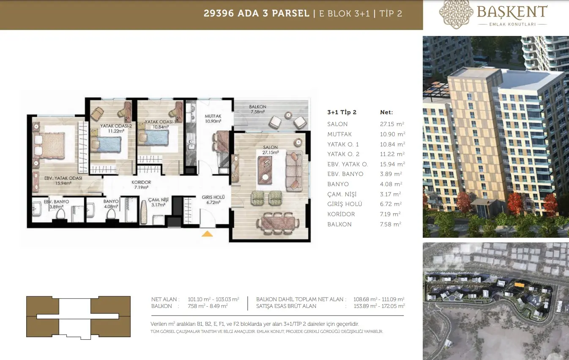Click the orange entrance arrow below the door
pyautogui.click(x=207, y=234)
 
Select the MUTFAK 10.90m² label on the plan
pyautogui.click(x=213, y=119)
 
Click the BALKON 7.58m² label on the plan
pyautogui.click(x=257, y=109)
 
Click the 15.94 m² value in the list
pyautogui.click(x=392, y=164)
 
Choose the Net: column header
pyautogui.click(x=386, y=112)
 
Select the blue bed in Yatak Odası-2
pyautogui.click(x=106, y=144)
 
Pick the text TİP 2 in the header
pyautogui.click(x=391, y=14)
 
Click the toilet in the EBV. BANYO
pyautogui.click(x=60, y=214)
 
